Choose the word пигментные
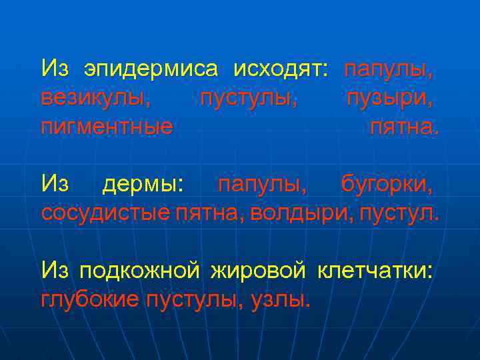pyautogui.click(x=107, y=127)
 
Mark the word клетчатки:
pyautogui.click(x=376, y=271)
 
